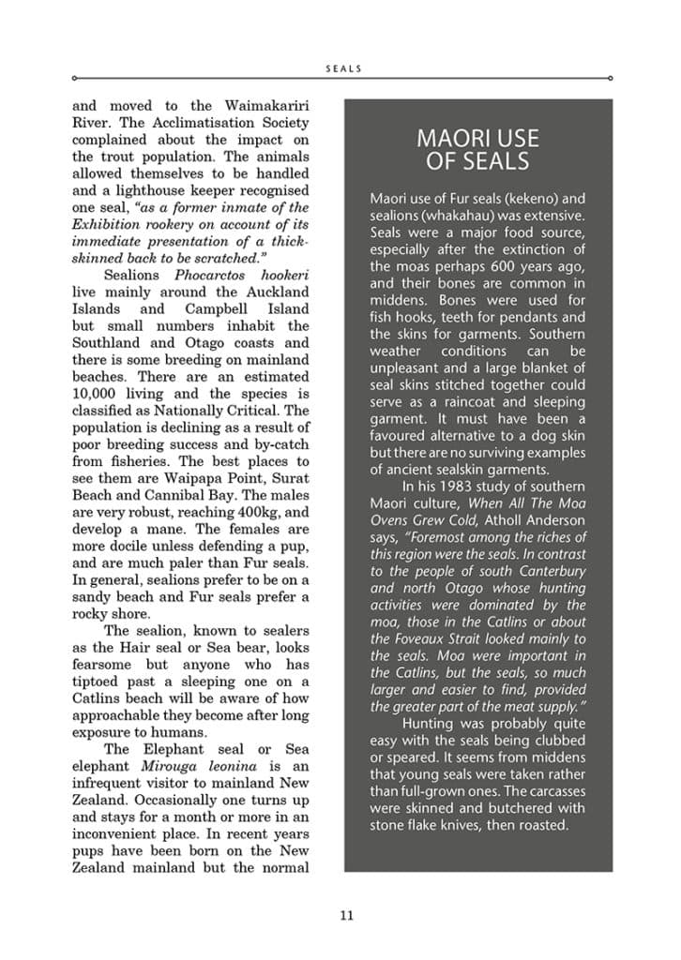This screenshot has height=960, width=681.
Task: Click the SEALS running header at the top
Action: (342, 68)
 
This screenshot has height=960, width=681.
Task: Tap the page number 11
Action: (346, 915)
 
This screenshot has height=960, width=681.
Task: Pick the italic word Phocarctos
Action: (209, 276)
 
